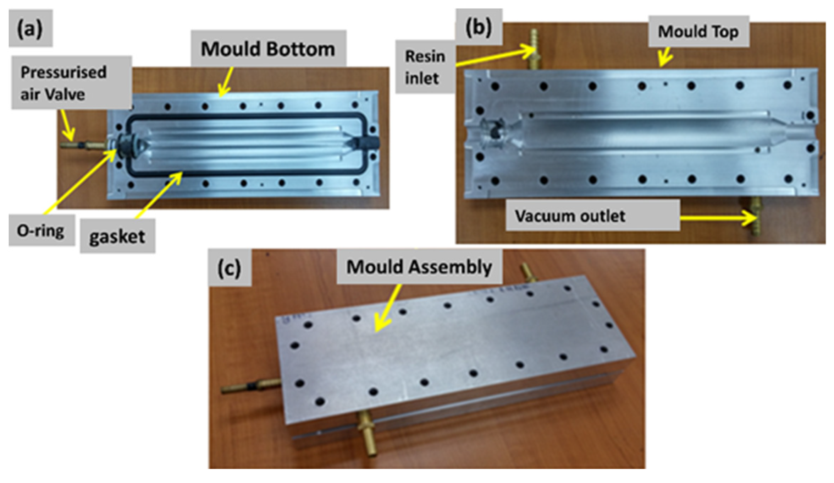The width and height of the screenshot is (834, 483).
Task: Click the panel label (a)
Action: (31, 28)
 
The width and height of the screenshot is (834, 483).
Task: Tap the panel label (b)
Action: (479, 27)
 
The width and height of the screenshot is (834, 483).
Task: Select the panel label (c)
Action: (230, 267)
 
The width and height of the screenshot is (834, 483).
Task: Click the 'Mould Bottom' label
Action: (268, 48)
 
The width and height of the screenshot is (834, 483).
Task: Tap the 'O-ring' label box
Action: (42, 230)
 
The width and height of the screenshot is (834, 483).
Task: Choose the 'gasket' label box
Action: (117, 236)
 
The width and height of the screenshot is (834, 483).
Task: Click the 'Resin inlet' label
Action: (425, 67)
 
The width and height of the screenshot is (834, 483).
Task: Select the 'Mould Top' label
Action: (698, 31)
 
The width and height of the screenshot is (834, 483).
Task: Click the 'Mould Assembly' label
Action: (419, 267)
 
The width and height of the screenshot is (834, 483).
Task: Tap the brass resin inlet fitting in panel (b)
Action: (533, 50)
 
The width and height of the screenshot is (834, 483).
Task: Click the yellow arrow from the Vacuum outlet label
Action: (718, 218)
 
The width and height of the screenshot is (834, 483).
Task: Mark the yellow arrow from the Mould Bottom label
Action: (226, 82)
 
